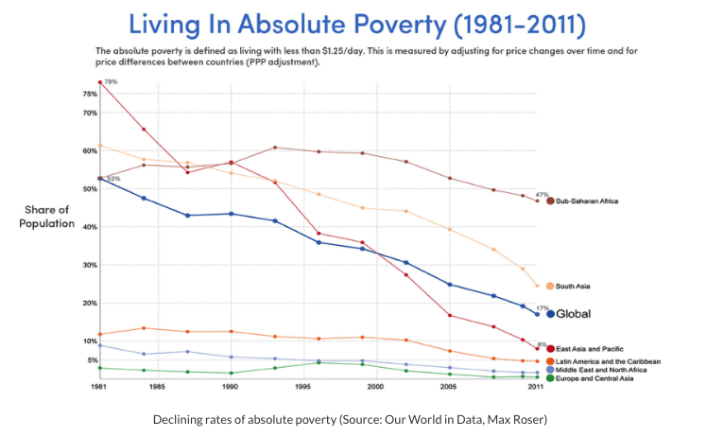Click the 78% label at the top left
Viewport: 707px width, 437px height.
(x=111, y=83)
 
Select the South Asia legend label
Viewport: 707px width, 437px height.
(x=574, y=285)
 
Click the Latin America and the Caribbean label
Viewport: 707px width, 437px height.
(x=608, y=361)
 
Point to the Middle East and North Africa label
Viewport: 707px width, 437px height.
(x=601, y=370)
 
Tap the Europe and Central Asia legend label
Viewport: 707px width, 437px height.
(x=597, y=378)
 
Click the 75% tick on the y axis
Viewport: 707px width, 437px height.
(x=90, y=94)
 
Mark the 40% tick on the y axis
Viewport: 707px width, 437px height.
(x=90, y=227)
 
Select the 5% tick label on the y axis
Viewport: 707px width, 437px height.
(x=92, y=360)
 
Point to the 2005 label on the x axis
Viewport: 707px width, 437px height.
(x=450, y=388)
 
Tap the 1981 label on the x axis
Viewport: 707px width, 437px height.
(x=98, y=388)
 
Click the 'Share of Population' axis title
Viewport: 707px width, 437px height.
(x=46, y=217)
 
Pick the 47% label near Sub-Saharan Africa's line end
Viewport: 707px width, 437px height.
(x=542, y=194)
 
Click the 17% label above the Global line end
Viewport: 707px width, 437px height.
(x=542, y=307)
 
